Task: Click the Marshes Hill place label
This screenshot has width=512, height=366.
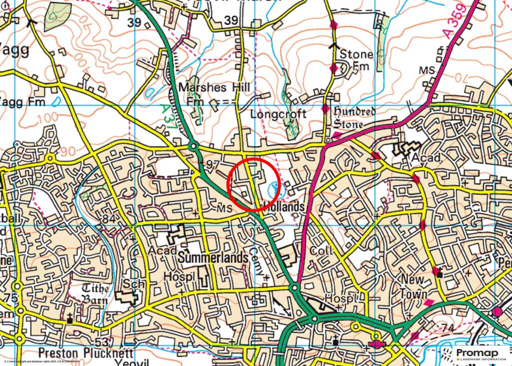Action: pos(209,88)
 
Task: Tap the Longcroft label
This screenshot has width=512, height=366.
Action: pos(278,114)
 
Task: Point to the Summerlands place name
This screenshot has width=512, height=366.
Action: pos(213,258)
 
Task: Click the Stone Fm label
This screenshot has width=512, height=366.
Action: pos(356,59)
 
